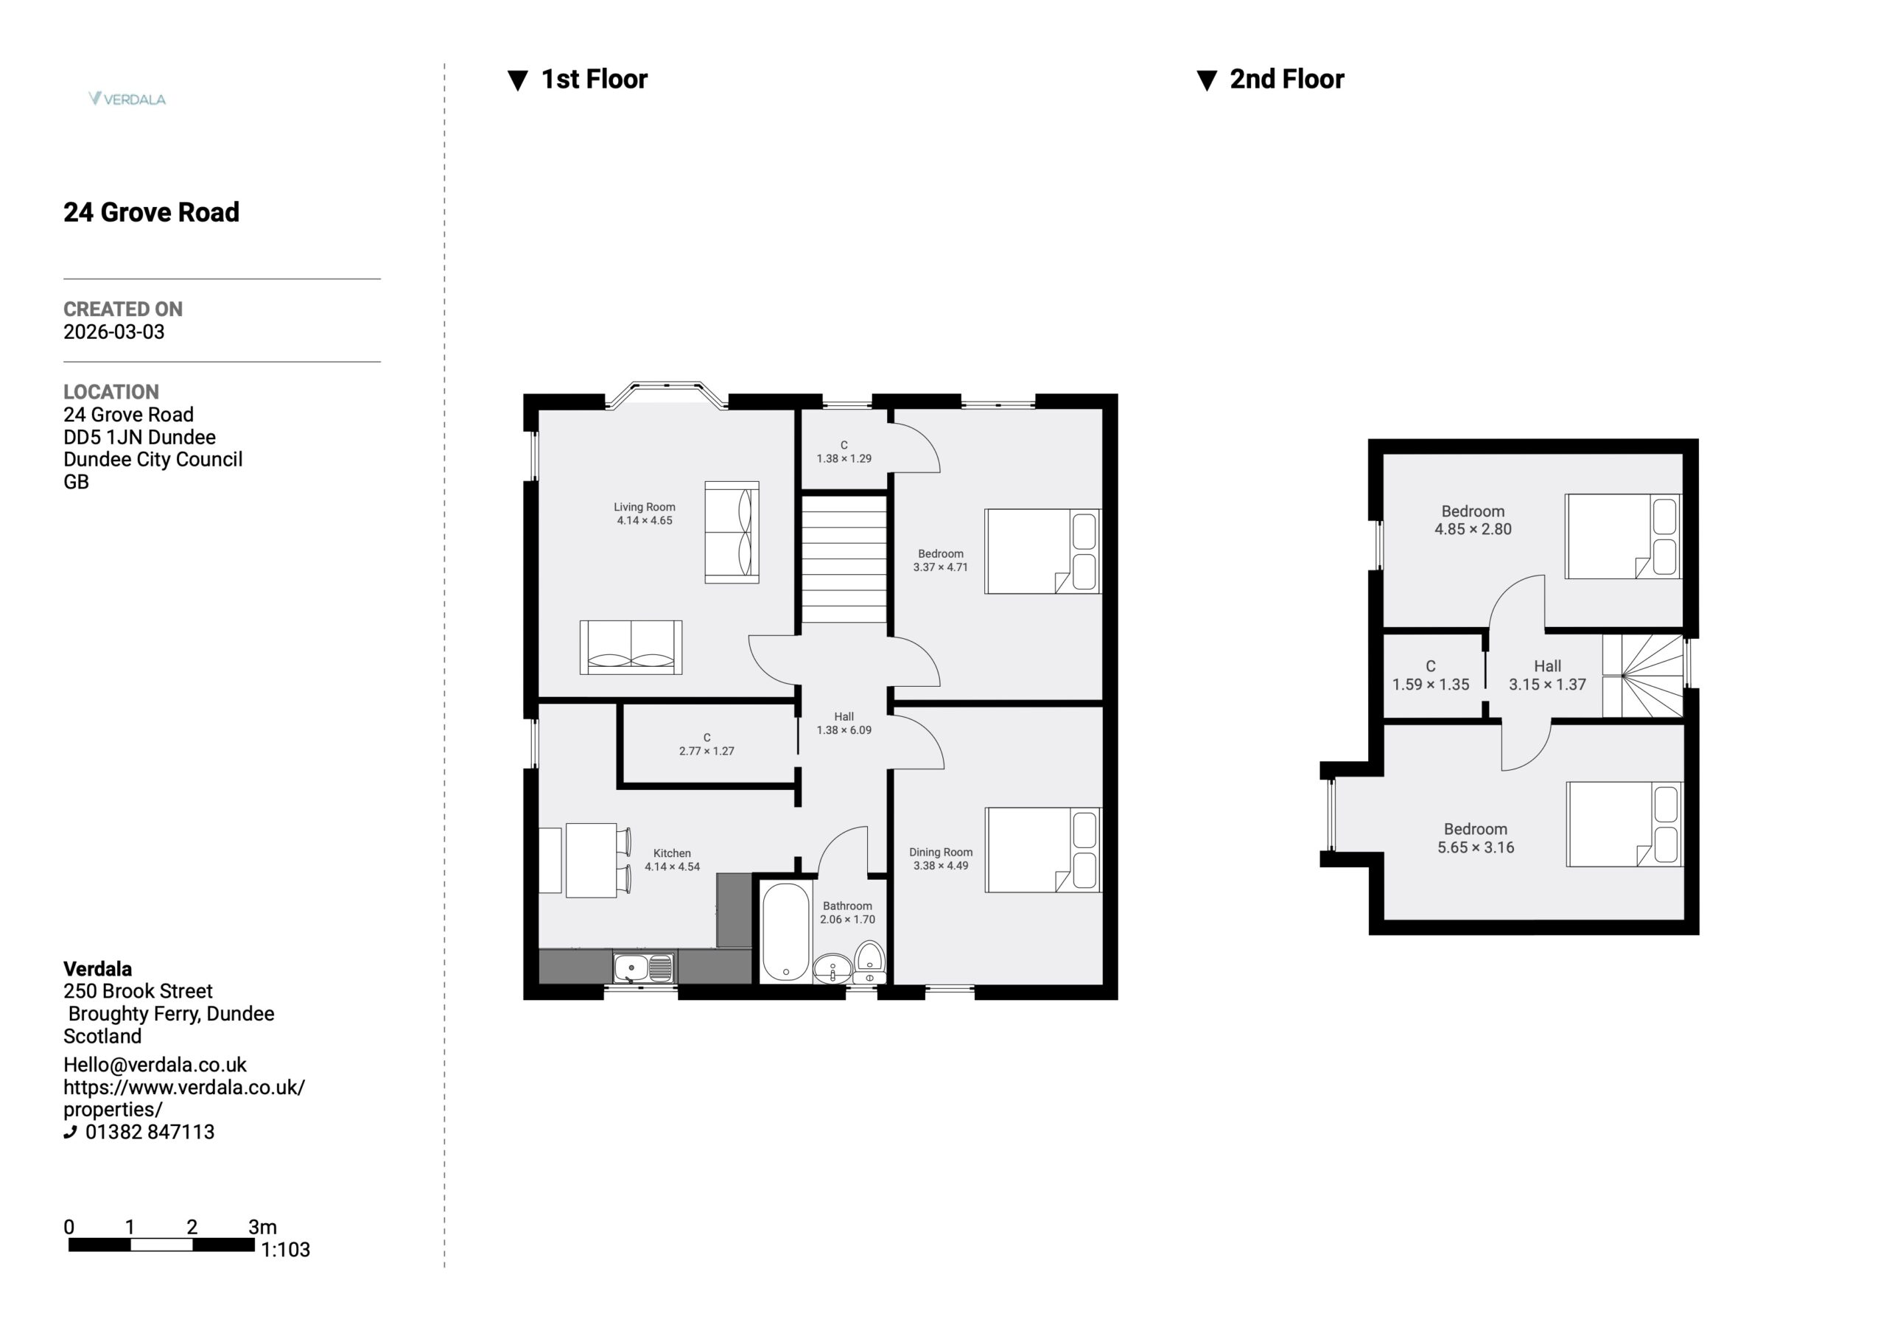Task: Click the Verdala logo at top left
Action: (x=127, y=99)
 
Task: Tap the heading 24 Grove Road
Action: (x=151, y=212)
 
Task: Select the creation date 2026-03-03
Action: (x=114, y=332)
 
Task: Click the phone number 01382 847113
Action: (x=150, y=1132)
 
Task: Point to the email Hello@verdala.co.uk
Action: (x=155, y=1064)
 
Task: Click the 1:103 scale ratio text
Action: (x=285, y=1250)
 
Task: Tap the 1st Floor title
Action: (x=594, y=79)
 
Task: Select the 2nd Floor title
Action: (x=1286, y=79)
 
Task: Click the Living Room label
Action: (x=645, y=507)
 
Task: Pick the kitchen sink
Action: (x=644, y=968)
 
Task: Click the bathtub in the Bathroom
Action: (x=786, y=933)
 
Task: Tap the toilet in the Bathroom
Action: (x=869, y=962)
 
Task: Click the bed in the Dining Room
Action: (x=1042, y=850)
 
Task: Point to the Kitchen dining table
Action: (x=592, y=861)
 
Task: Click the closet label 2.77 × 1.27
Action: (x=707, y=751)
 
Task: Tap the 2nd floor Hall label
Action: (x=1548, y=666)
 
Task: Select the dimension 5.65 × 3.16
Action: (x=1476, y=847)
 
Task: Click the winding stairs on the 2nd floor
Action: (x=1643, y=676)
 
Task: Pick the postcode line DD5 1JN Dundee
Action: (x=140, y=437)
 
